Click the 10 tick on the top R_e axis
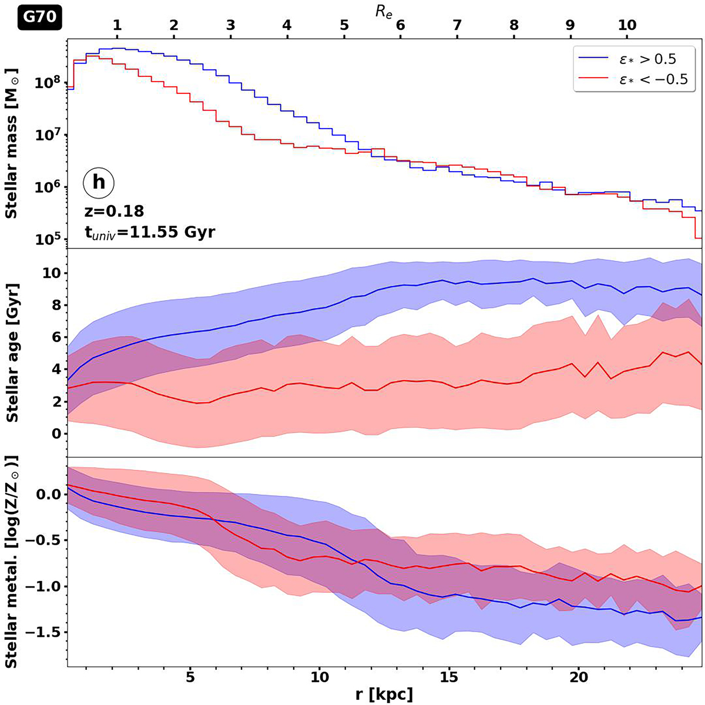[627, 26]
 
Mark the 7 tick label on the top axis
[457, 26]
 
